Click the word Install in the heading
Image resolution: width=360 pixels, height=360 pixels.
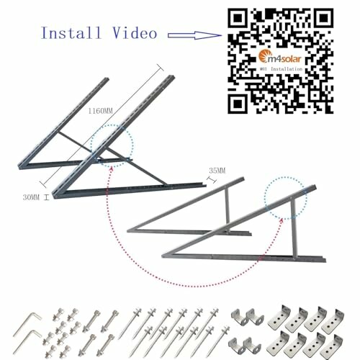click(x=70, y=34)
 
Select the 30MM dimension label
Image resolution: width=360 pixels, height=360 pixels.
click(x=31, y=196)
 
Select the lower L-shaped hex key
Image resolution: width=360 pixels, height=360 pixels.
click(x=28, y=338)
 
